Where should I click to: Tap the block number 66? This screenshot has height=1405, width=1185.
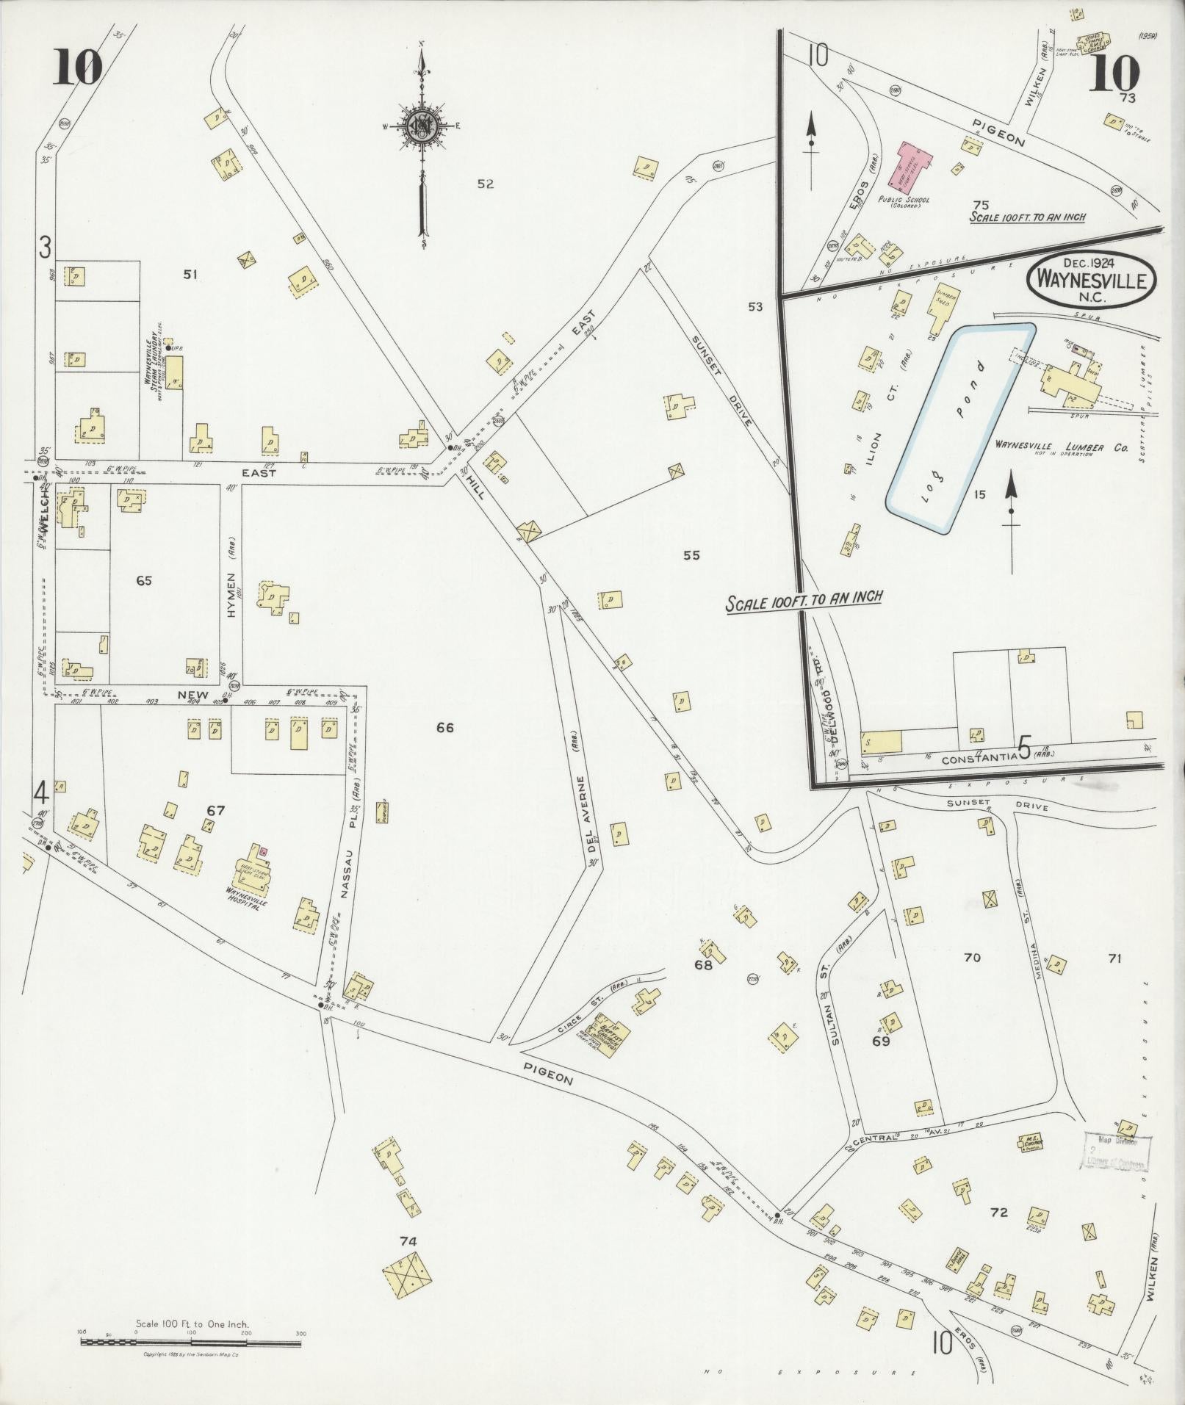point(444,727)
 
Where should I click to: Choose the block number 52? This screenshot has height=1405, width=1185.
point(485,184)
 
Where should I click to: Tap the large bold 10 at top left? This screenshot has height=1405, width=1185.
point(76,71)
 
